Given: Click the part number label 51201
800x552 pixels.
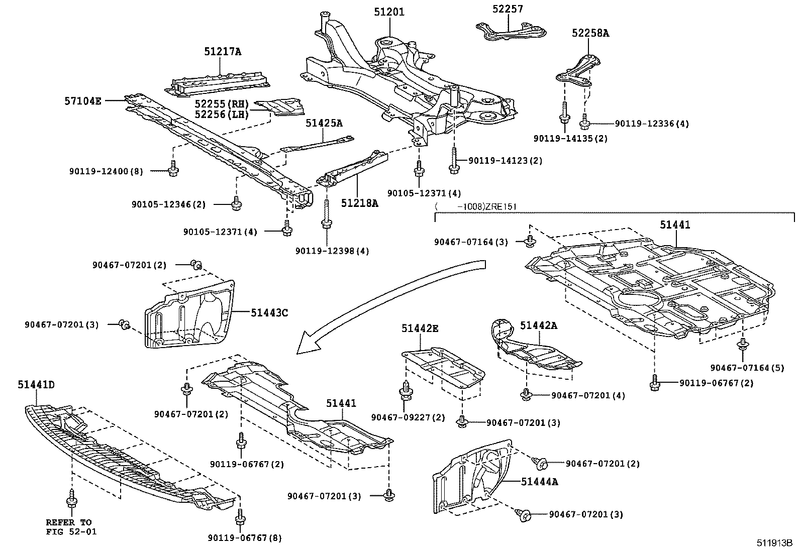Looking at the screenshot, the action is point(389,12).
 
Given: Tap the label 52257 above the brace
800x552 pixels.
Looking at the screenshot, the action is point(508,9).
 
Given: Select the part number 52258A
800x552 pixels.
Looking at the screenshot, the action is point(590,33).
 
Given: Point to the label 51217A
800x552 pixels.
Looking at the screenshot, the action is point(223,52).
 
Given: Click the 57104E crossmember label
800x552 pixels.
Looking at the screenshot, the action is point(83,101).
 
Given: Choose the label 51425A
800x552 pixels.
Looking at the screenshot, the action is point(324,123).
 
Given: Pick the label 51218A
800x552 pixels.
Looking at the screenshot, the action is point(359,203).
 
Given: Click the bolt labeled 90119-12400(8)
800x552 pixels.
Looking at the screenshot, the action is point(173,168).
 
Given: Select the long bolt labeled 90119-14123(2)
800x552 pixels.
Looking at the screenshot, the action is point(454,161).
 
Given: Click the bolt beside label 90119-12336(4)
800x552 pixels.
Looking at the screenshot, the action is point(584,123).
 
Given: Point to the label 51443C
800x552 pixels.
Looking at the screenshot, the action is point(269,313).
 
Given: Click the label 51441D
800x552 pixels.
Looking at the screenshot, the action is point(36,385).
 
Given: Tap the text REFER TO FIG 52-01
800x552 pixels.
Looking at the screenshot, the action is point(71,527).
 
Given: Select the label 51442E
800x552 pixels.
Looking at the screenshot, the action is point(420,328).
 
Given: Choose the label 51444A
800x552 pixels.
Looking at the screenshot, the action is point(539,482).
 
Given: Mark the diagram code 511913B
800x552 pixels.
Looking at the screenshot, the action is point(774,543).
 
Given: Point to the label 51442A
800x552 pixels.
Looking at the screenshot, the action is point(538,325).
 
